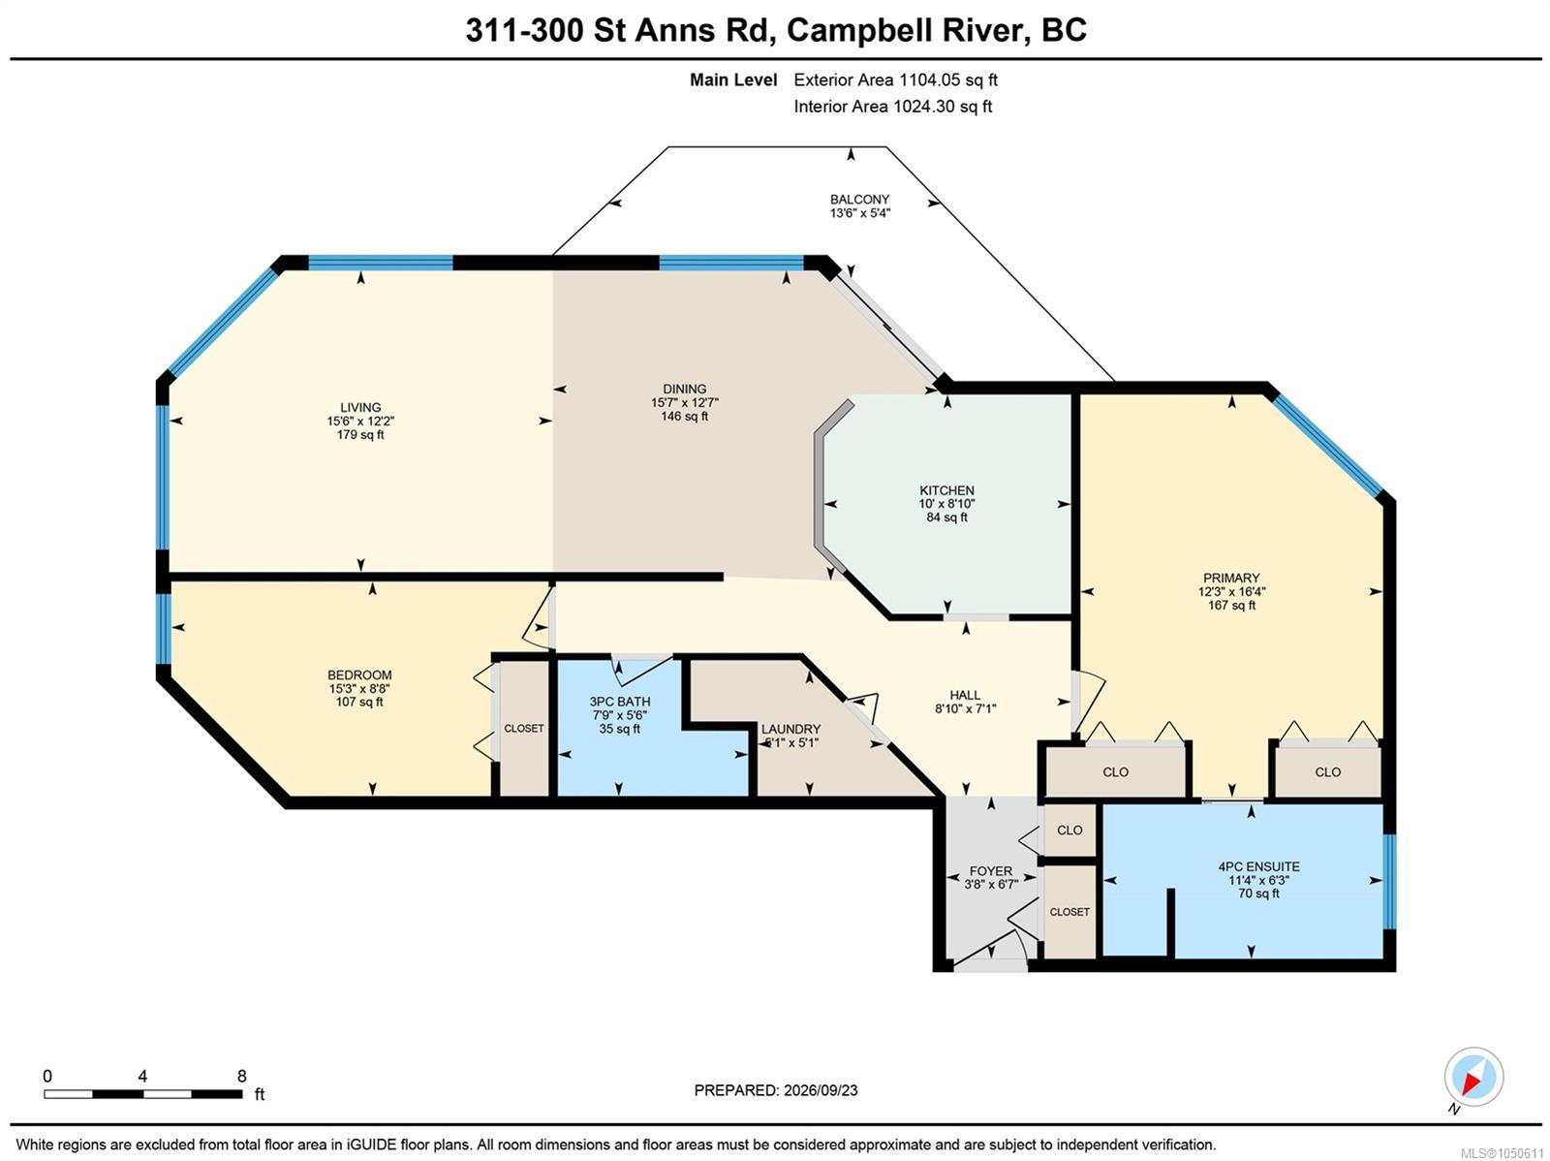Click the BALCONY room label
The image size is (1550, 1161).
[859, 199]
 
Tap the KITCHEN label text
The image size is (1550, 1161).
[946, 490]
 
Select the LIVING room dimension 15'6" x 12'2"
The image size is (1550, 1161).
[360, 421]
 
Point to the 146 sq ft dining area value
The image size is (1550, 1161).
[684, 416]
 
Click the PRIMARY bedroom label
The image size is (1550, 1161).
[1231, 578]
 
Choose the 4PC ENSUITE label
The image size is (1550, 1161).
[1258, 866]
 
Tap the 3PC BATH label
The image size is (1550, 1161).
[620, 702]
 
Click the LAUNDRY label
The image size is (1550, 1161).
[790, 729]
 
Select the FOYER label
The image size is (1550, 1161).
[991, 871]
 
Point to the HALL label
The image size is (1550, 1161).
[965, 695]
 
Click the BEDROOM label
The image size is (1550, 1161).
[359, 675]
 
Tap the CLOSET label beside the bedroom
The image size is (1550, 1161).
[524, 728]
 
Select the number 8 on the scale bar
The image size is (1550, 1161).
[241, 1076]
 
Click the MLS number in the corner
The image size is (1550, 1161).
[1502, 1153]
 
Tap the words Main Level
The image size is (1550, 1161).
[733, 79]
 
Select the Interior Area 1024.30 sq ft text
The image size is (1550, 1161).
[892, 107]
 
